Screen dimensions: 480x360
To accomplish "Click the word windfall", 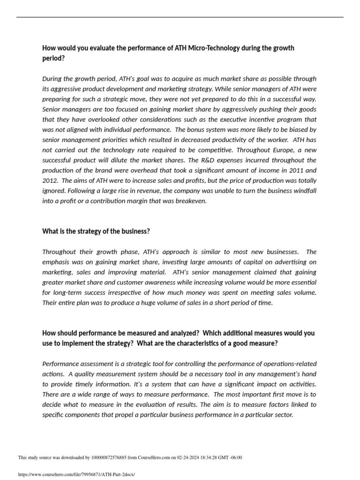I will click(304, 191).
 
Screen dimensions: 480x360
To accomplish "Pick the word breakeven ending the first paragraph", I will click(190, 201).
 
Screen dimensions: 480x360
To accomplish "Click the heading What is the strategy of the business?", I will click(96, 232).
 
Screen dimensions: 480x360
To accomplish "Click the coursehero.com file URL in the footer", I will click(76, 474).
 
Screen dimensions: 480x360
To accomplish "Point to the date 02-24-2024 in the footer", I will click(187, 458).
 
